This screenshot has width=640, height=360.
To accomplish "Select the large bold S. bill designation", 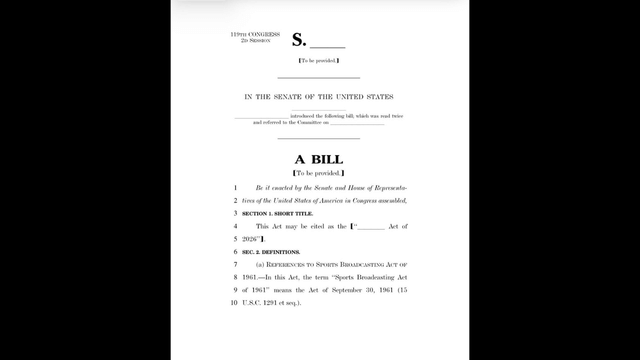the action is click(x=300, y=41).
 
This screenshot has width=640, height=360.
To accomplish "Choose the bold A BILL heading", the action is click(x=319, y=159).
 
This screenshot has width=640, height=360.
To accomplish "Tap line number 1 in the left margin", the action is click(x=235, y=187).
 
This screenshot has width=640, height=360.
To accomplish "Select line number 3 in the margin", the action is click(x=235, y=213).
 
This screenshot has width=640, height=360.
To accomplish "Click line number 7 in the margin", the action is click(x=235, y=263).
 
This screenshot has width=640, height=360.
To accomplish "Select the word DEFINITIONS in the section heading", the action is click(x=284, y=251).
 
